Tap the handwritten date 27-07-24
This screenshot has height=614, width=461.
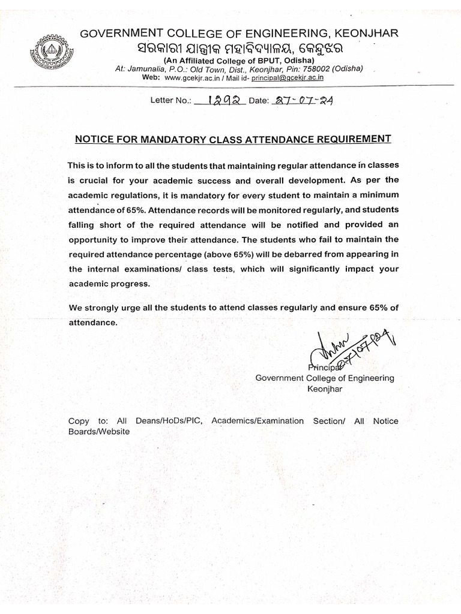coord(302,101)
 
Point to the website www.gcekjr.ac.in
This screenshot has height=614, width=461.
coord(194,78)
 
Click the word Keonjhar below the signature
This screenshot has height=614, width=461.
coord(325,389)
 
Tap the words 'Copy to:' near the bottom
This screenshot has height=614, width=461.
coord(88,421)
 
